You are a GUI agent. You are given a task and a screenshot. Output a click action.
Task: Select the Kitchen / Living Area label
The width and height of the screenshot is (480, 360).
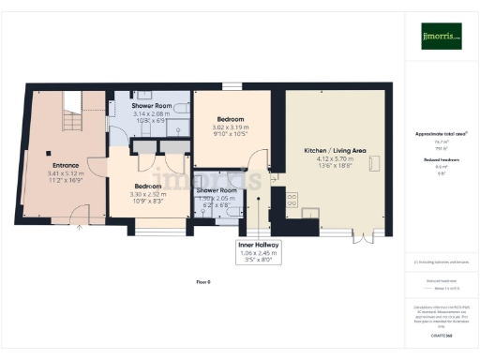(335, 150)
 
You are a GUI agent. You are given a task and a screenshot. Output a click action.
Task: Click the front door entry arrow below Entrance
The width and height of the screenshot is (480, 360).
(80, 226)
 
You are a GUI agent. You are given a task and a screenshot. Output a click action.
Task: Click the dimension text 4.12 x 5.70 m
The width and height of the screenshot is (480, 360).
(335, 159)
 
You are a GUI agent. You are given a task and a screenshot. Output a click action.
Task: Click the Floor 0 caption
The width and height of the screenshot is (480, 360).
(202, 281)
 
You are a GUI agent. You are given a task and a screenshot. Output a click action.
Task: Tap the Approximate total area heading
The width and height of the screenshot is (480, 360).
(441, 134)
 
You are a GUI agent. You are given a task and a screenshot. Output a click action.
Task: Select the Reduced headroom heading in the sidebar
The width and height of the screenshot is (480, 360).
(441, 160)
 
